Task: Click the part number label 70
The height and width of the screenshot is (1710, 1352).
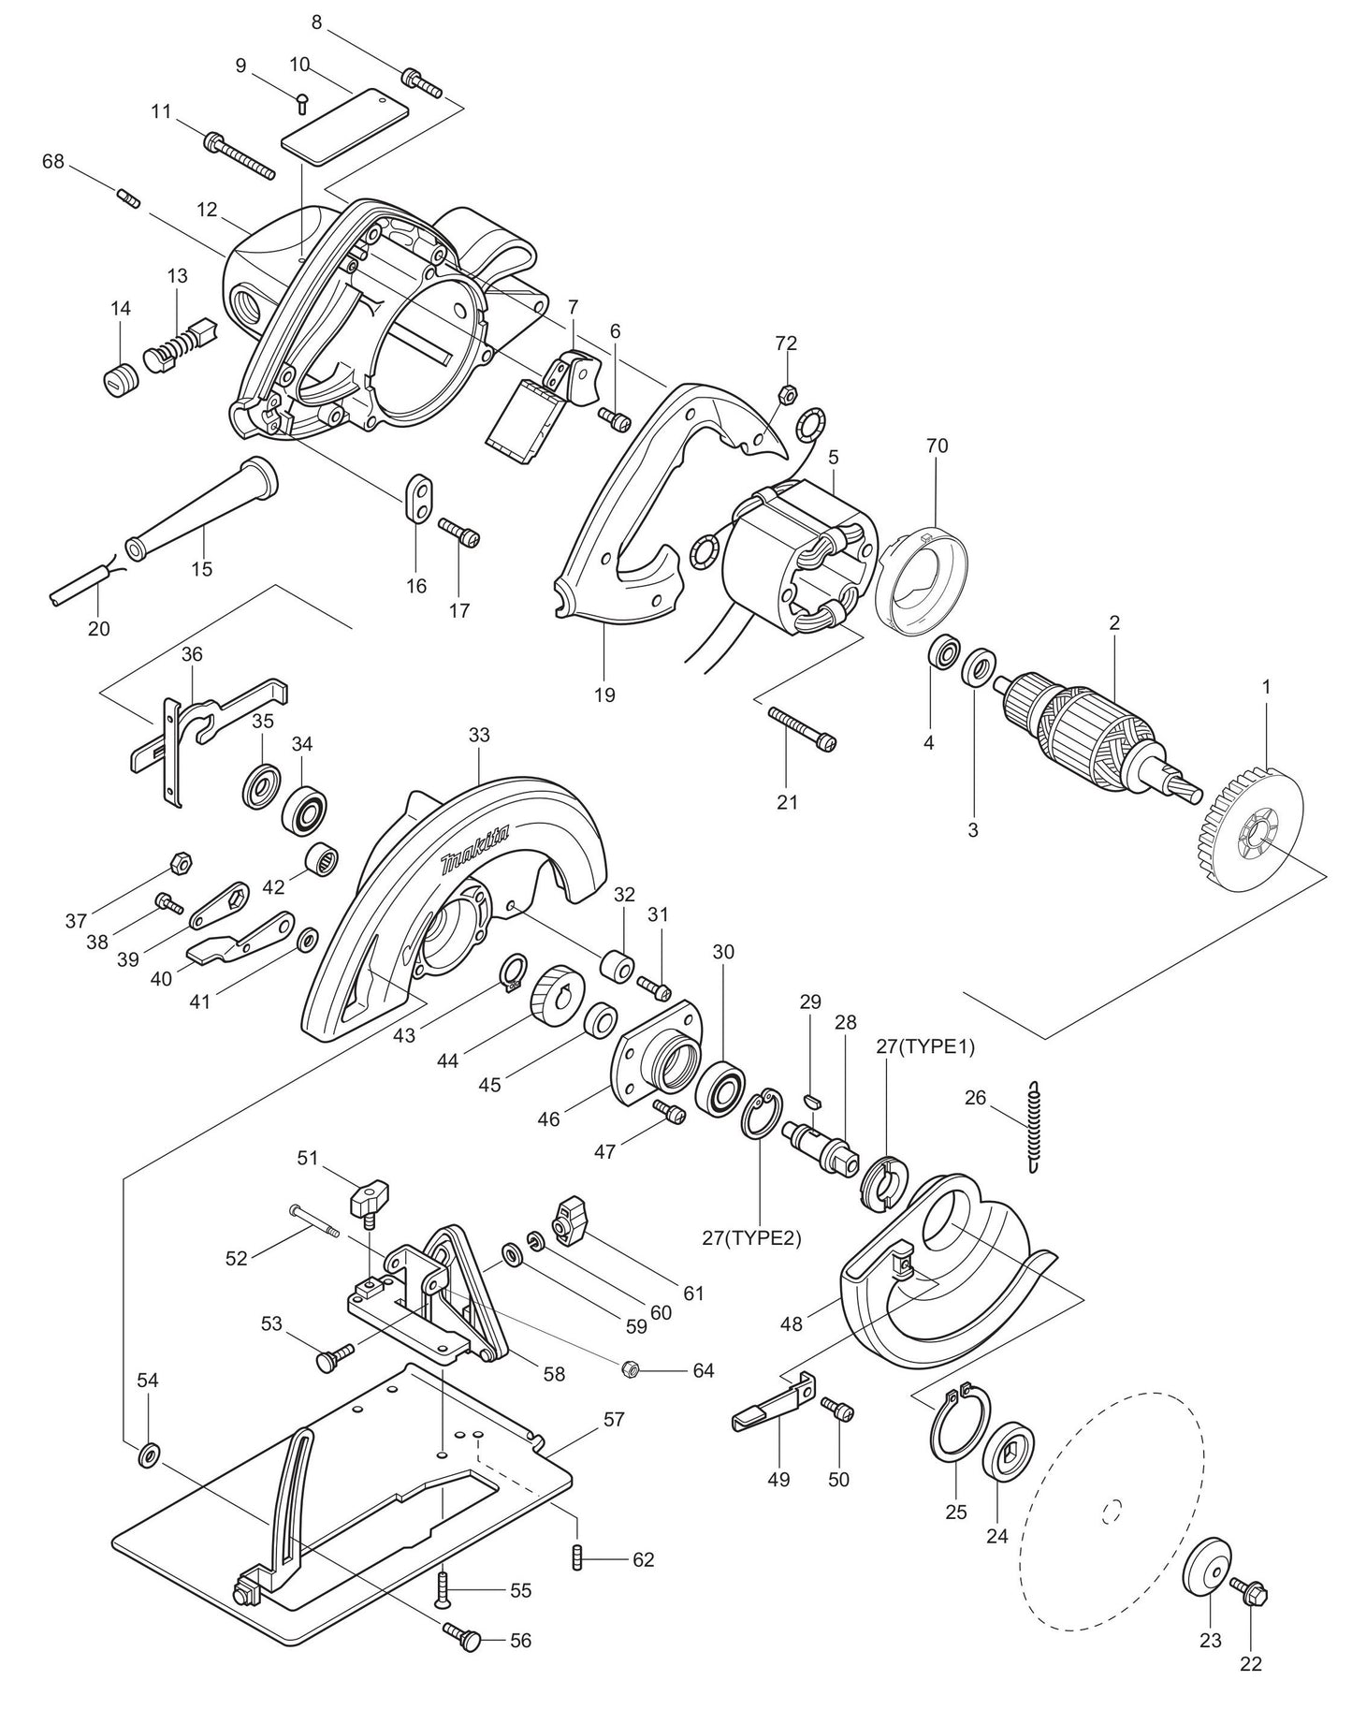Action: pos(937,446)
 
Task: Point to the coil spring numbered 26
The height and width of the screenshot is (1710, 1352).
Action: pos(1033,1126)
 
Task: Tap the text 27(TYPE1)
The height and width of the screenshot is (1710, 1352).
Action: pos(926,1046)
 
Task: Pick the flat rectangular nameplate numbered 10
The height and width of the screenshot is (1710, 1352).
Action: pos(346,126)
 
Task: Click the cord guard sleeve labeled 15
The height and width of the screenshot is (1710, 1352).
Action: pos(201,510)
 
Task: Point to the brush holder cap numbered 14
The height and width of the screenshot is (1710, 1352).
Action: pos(119,379)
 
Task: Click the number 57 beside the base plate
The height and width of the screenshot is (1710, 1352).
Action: pos(614,1420)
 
